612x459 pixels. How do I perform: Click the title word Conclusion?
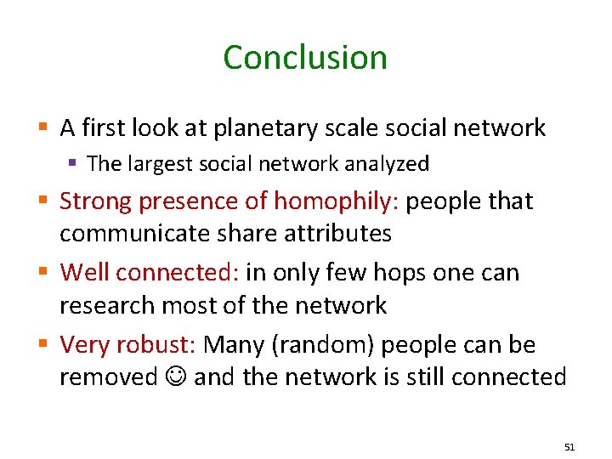(305, 58)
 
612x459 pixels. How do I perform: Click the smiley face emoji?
(176, 377)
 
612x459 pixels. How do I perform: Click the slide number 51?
(569, 446)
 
